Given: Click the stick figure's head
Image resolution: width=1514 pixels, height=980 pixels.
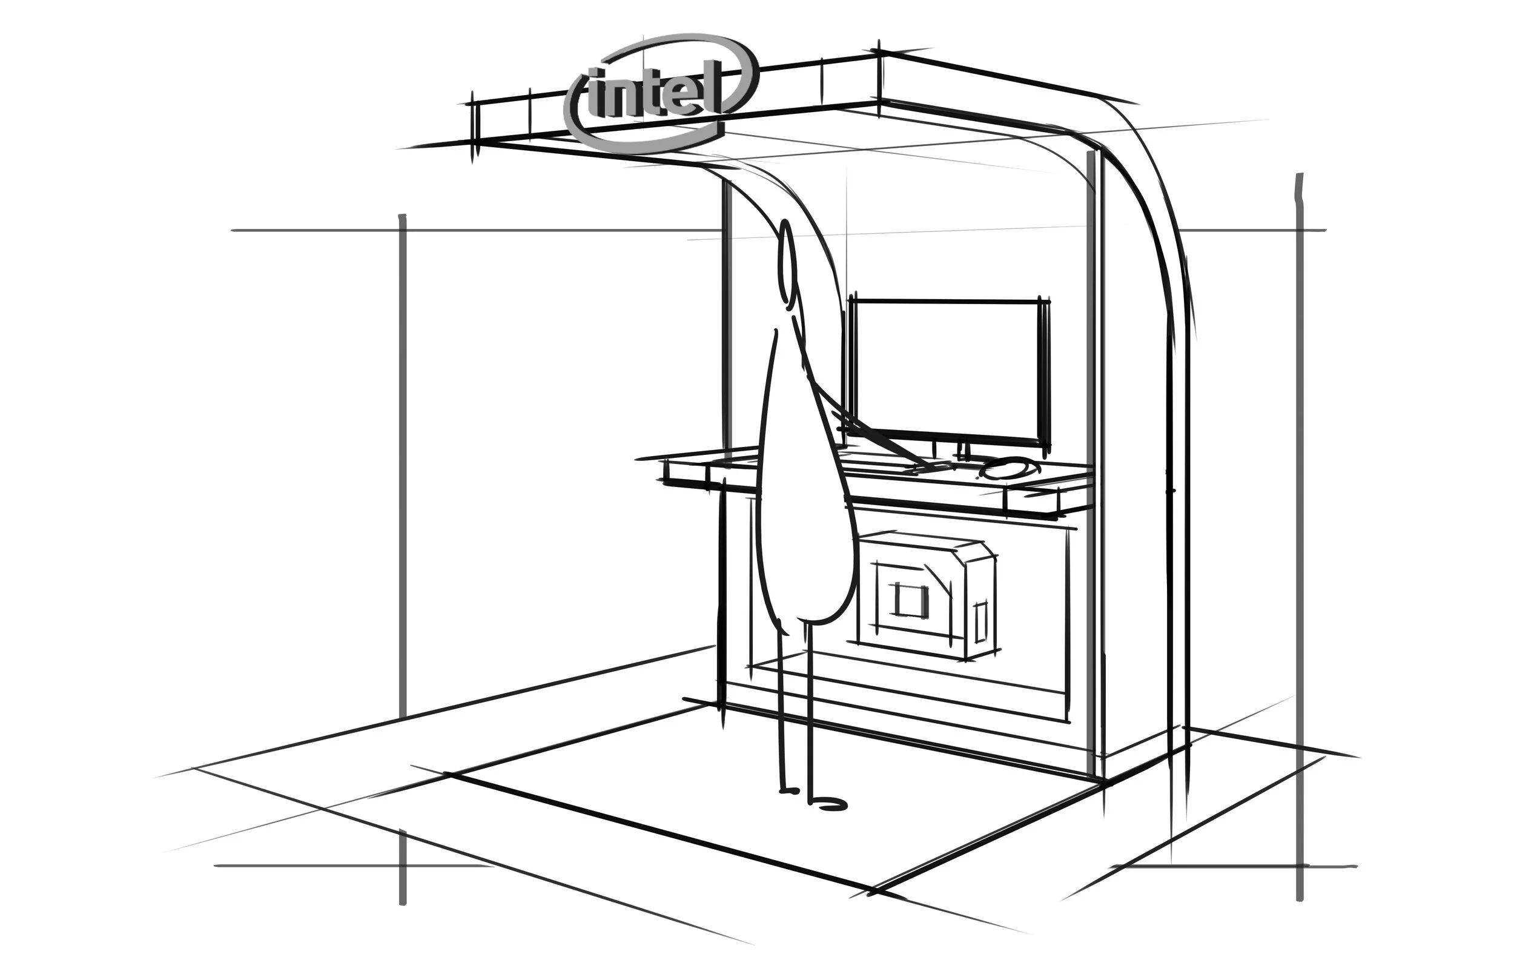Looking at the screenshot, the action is (x=787, y=261).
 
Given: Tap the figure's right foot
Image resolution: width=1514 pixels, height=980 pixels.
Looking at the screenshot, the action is (x=830, y=805).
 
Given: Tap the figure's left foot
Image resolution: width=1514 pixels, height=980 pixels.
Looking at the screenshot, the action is (x=789, y=790).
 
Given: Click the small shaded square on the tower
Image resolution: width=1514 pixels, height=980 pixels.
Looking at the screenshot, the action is (x=908, y=600).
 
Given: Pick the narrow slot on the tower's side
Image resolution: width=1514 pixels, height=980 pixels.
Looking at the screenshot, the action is (x=980, y=620).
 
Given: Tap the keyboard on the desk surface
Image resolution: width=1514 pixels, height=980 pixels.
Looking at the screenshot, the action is (x=891, y=468).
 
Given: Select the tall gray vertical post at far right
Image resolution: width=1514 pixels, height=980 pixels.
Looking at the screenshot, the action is (x=1299, y=541).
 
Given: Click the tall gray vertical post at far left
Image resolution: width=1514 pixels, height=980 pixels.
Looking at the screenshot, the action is (x=402, y=541).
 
